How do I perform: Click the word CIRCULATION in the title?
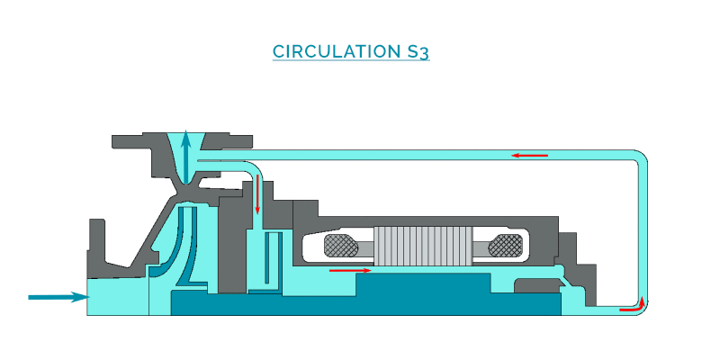point(337,51)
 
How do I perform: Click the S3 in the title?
point(418,52)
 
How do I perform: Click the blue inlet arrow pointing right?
point(58,297)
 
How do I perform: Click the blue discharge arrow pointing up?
point(185,156)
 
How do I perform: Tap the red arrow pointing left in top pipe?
point(530,156)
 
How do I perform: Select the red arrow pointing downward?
point(257,194)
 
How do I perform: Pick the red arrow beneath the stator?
point(350,270)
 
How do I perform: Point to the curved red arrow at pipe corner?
point(633,304)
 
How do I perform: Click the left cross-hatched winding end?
point(341,246)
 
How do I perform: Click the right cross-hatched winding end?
point(506,246)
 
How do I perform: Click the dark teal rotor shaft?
point(366,296)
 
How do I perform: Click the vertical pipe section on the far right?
point(643,231)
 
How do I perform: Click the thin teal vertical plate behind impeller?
point(266,258)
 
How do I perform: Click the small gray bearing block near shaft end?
point(536,285)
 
